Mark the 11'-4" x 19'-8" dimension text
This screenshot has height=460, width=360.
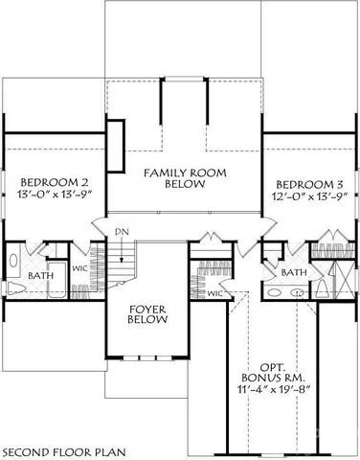click(279, 390)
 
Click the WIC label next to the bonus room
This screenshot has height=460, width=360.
click(214, 294)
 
